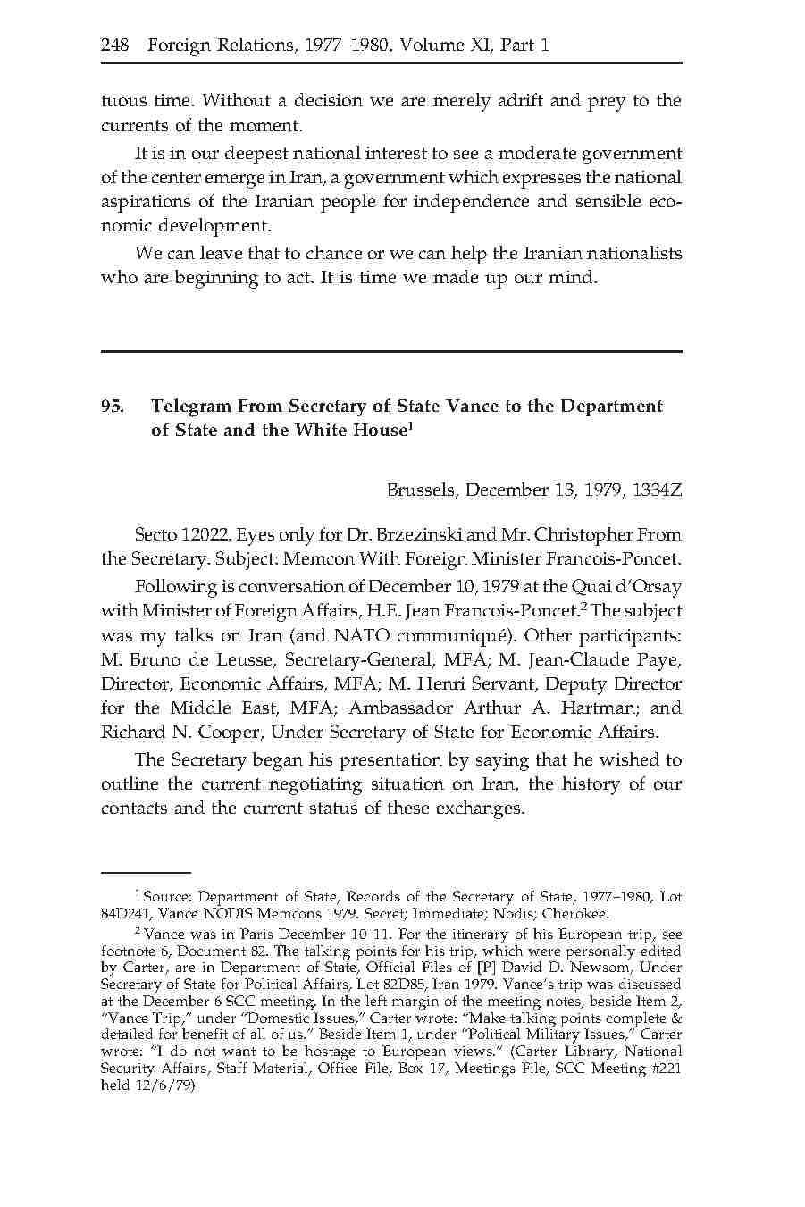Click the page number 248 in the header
coord(116,45)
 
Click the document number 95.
coord(112,407)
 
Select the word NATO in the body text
coord(364,636)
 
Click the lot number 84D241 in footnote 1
coord(125,914)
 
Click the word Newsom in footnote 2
coord(556,968)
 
